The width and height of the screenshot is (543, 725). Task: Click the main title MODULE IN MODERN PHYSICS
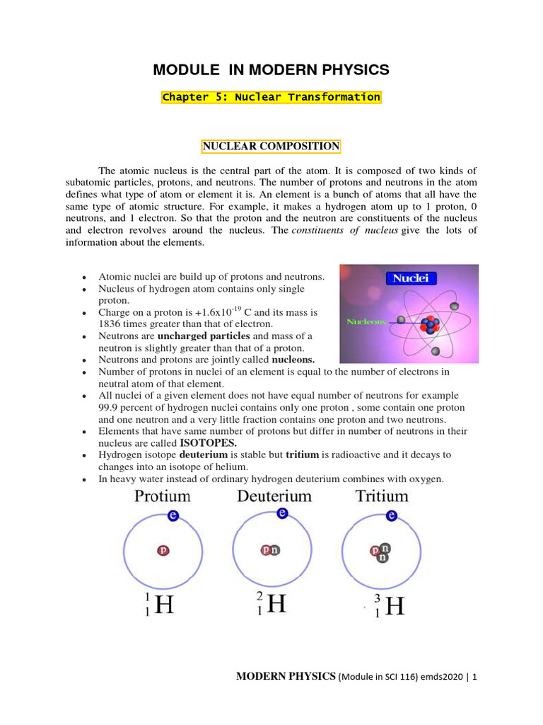[x=271, y=69]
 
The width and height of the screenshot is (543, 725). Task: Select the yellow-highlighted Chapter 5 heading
[x=271, y=97]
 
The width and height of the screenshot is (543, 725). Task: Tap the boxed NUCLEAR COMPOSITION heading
[x=271, y=147]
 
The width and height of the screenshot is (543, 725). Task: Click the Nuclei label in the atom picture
[x=411, y=278]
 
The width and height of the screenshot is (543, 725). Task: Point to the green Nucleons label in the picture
[x=366, y=321]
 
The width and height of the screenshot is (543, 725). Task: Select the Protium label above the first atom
[x=163, y=496]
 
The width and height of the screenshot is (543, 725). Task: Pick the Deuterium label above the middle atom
[x=274, y=496]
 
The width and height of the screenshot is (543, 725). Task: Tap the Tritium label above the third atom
[x=382, y=496]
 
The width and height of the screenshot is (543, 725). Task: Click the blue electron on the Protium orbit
[x=173, y=516]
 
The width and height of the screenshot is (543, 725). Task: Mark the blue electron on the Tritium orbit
[x=387, y=515]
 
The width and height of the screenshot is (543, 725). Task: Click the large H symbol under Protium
[x=164, y=606]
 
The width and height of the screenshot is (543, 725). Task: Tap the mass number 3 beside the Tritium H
[x=378, y=598]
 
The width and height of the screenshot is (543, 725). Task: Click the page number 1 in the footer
[x=475, y=677]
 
